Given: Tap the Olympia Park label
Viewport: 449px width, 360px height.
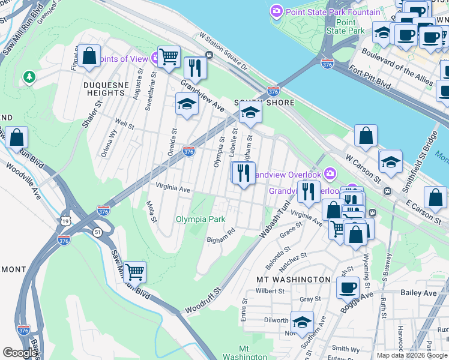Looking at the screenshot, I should click(200, 219).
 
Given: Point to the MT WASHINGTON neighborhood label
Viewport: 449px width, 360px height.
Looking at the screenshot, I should click(294, 280).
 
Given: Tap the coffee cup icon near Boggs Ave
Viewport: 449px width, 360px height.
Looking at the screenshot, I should click(348, 287).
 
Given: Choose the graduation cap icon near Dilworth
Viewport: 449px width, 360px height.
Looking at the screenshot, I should click(302, 320).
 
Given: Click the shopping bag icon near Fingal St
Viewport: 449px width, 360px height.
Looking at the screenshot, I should click(89, 56).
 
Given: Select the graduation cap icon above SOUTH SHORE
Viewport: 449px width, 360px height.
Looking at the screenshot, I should click(250, 111).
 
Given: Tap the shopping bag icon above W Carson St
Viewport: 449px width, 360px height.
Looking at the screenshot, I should click(366, 136).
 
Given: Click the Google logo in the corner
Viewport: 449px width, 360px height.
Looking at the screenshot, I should click(20, 353).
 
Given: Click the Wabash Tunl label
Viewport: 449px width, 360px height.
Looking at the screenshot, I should click(272, 221).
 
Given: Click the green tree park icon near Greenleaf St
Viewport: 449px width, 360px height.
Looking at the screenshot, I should click(29, 77).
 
